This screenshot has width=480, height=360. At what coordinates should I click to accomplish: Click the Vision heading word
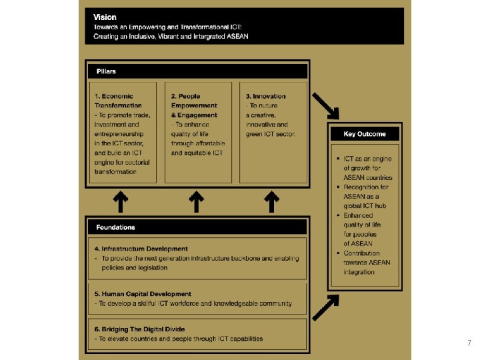click(x=105, y=17)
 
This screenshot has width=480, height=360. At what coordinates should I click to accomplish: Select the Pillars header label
click(x=105, y=71)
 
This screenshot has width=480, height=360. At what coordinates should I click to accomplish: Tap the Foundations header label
click(x=115, y=227)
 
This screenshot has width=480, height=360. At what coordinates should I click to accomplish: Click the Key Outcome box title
click(x=364, y=134)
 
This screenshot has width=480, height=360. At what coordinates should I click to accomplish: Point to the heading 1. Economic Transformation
click(x=119, y=101)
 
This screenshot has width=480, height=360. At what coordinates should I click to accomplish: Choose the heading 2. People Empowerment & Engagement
click(x=194, y=105)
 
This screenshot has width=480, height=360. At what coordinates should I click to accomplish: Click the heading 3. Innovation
click(x=265, y=96)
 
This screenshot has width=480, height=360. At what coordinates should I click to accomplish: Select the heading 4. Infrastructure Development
click(x=141, y=249)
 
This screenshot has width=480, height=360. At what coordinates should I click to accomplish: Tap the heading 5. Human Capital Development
click(x=143, y=294)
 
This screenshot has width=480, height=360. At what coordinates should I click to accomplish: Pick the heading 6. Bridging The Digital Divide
click(x=139, y=329)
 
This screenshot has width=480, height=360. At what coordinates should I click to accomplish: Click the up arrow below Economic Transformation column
click(x=120, y=201)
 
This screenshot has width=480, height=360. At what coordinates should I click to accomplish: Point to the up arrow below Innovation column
click(x=271, y=201)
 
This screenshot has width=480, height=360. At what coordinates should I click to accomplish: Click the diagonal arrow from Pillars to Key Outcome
click(x=327, y=105)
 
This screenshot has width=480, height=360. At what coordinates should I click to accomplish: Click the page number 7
click(x=469, y=343)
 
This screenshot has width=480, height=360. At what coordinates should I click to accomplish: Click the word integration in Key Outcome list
click(x=359, y=272)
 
